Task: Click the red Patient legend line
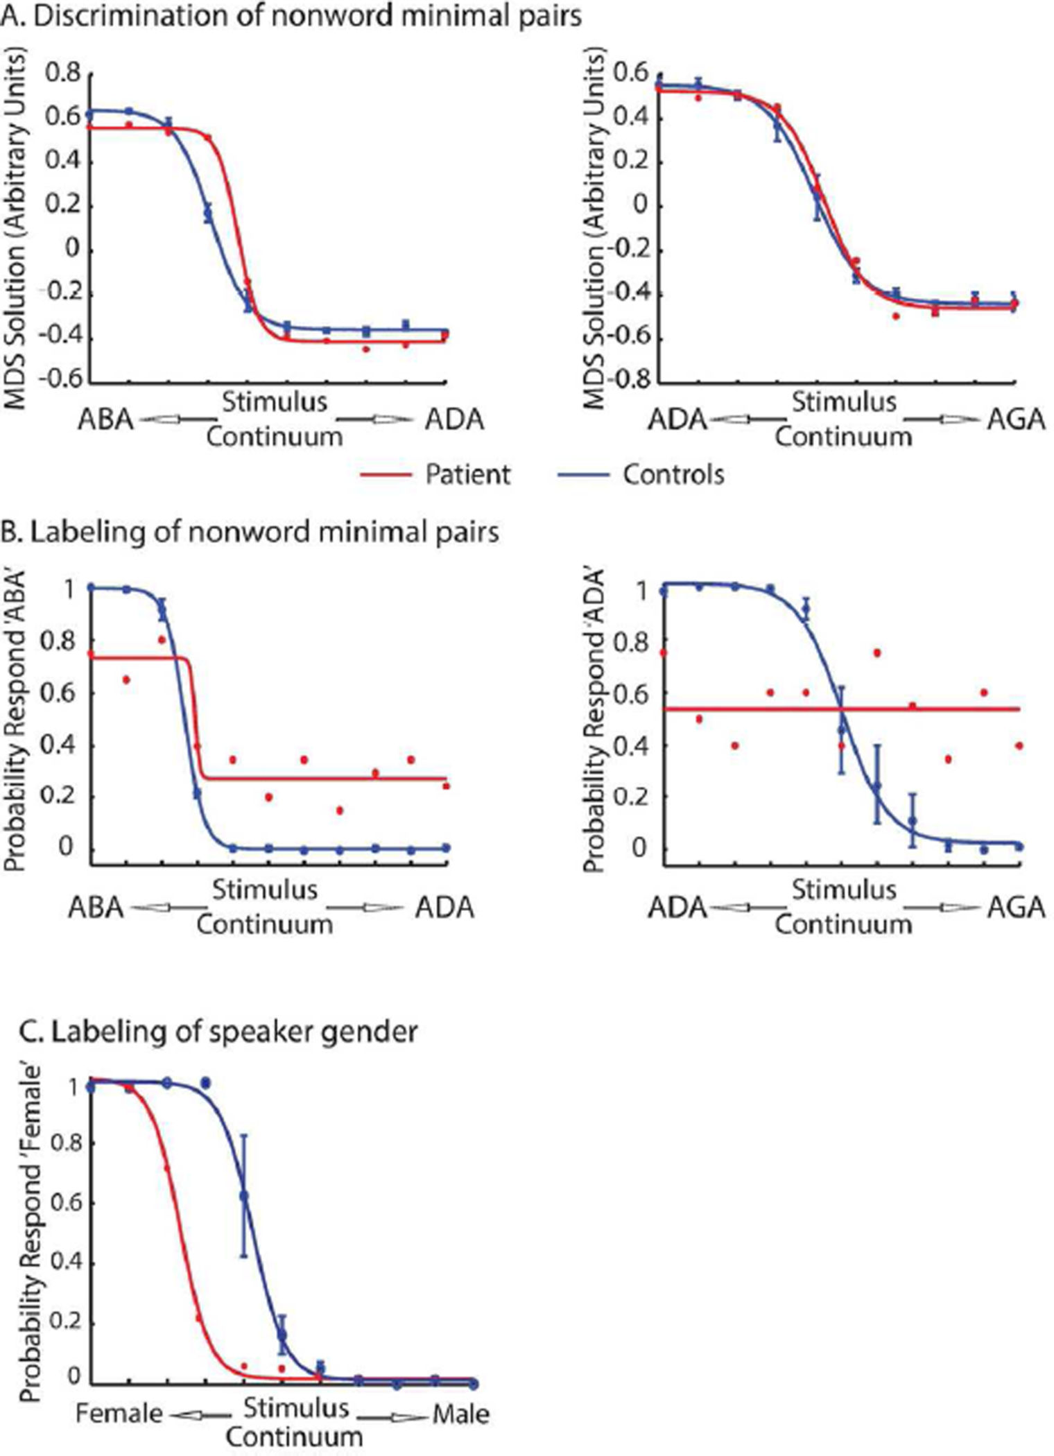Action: [387, 475]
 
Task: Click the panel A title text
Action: [291, 15]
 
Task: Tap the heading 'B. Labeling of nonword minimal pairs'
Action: [250, 532]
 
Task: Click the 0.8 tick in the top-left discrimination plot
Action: [62, 73]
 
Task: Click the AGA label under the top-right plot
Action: [1015, 419]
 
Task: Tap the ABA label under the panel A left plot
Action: [106, 419]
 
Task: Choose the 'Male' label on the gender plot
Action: [461, 1414]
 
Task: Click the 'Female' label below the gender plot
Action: [119, 1414]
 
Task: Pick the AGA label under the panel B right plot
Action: [1015, 908]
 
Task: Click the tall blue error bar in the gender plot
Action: [243, 1195]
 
